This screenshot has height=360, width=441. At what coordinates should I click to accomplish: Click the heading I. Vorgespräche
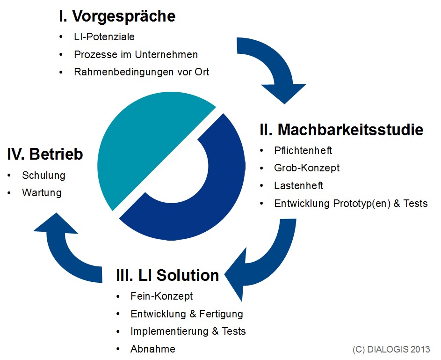117,16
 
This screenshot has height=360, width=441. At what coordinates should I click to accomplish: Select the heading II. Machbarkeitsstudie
341,130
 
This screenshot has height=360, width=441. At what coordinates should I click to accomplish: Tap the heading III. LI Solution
167,275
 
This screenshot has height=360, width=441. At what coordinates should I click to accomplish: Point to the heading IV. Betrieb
45,154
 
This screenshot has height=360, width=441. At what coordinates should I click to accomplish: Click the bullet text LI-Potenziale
104,37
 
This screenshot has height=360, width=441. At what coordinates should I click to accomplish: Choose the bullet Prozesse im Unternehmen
136,55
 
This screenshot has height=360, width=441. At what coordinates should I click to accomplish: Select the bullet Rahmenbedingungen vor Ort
142,72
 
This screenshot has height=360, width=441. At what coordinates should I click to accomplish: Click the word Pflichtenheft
303,151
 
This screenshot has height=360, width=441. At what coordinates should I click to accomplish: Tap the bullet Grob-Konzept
307,168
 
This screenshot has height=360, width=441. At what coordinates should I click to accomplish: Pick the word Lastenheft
299,186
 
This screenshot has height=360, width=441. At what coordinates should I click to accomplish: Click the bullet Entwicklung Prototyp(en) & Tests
351,204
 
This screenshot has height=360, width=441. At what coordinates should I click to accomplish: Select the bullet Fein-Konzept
161,296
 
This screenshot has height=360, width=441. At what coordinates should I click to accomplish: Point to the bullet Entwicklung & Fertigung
187,314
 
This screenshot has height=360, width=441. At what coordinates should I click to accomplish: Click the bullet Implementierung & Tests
188,331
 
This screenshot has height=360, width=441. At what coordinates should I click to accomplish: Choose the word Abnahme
153,349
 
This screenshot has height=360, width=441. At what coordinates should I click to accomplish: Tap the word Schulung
43,176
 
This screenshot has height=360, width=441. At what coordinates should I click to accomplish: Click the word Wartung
42,193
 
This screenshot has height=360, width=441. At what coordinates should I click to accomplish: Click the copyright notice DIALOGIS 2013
391,349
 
